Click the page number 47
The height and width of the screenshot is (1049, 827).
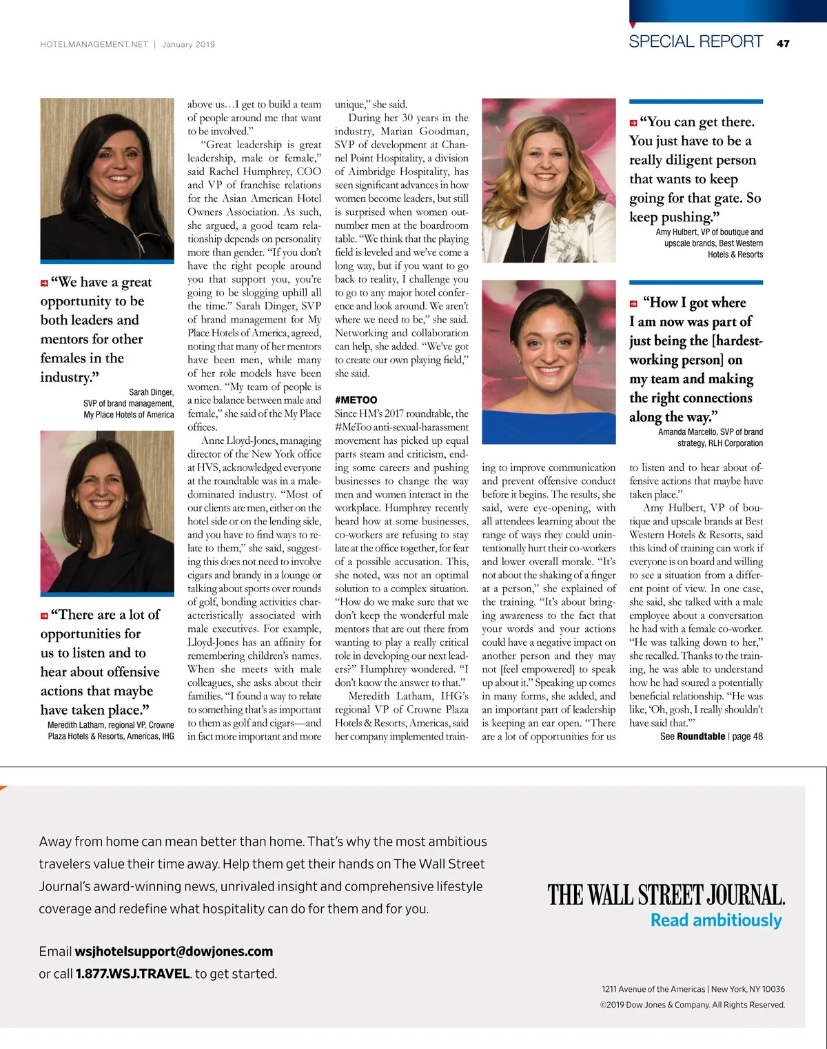[x=783, y=43]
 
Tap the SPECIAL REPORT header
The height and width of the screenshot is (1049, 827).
[x=695, y=41]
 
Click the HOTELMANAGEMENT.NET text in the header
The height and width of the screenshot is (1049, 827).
[x=94, y=44]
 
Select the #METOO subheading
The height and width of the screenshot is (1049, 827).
[x=356, y=400]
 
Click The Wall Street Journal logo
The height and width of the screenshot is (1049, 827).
[x=666, y=895]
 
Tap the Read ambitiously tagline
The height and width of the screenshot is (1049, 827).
[x=716, y=921]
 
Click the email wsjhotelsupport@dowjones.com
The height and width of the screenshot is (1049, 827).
[x=174, y=952]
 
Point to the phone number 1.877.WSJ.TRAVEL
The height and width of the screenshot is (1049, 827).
[x=133, y=974]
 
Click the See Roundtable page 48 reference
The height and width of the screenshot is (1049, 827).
[x=711, y=736]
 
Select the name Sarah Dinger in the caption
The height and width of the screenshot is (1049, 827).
[x=152, y=392]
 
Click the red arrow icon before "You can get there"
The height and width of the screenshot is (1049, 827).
[x=633, y=123]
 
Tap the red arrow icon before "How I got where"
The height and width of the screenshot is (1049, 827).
[x=633, y=304]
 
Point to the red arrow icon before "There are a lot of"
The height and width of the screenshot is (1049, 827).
[x=44, y=615]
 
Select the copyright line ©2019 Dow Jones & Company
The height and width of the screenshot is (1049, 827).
[x=692, y=1005]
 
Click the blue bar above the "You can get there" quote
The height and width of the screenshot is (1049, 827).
[x=695, y=102]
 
